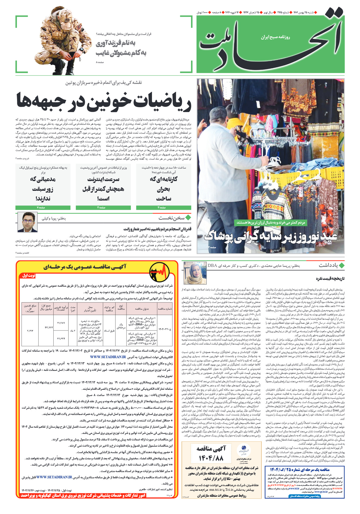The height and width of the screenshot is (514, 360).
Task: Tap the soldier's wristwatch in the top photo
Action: tap(81, 50)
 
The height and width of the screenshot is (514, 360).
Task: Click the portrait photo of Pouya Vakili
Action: tap(27, 222)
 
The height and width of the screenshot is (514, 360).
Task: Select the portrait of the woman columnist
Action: tap(195, 273)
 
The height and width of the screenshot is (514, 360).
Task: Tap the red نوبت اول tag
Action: tap(28, 276)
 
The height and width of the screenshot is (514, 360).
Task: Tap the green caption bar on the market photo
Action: tap(271, 223)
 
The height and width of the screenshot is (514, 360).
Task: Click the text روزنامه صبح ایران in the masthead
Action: tap(275, 37)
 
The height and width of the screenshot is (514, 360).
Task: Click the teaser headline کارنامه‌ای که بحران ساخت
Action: tap(164, 189)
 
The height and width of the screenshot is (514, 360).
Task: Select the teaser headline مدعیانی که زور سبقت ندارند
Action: tap(43, 189)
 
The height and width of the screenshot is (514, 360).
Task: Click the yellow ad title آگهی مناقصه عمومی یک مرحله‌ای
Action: tap(85, 267)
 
